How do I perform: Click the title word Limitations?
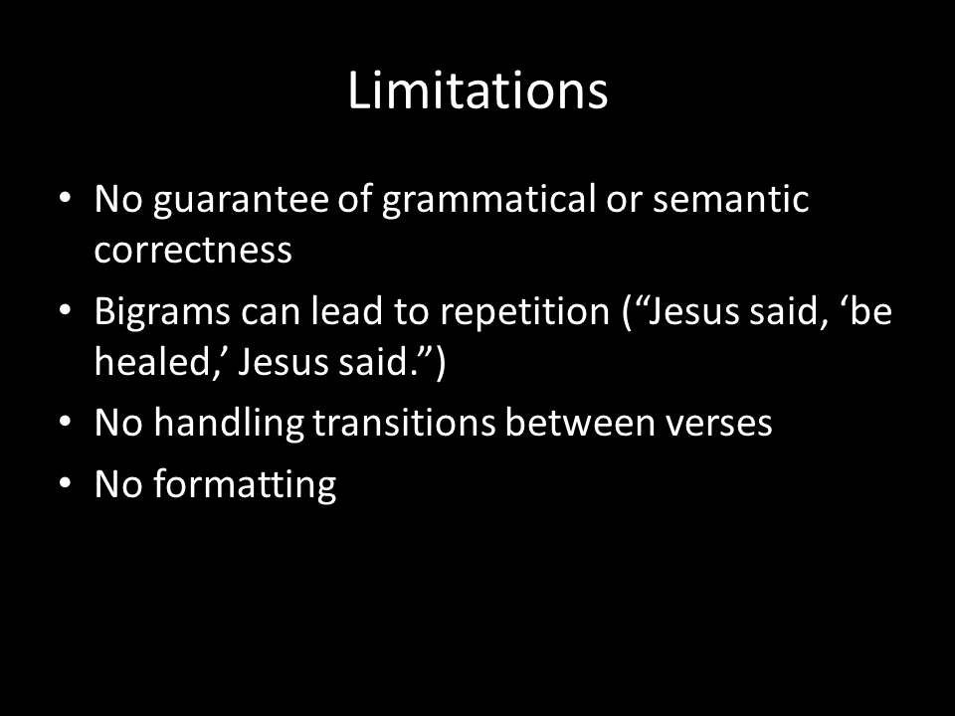477,90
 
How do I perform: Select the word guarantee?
240,200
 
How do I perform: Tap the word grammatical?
488,200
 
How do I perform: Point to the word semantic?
730,199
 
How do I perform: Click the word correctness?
193,250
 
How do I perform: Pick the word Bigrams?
162,312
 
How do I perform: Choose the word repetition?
524,312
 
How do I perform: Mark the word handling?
229,424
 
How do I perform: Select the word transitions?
405,422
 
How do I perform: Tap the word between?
579,422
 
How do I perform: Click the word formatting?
245,485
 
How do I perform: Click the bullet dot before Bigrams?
66,310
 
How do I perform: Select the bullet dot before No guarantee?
66,198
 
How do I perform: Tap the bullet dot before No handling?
66,422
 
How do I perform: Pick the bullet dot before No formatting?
66,483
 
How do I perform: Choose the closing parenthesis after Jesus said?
441,362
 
